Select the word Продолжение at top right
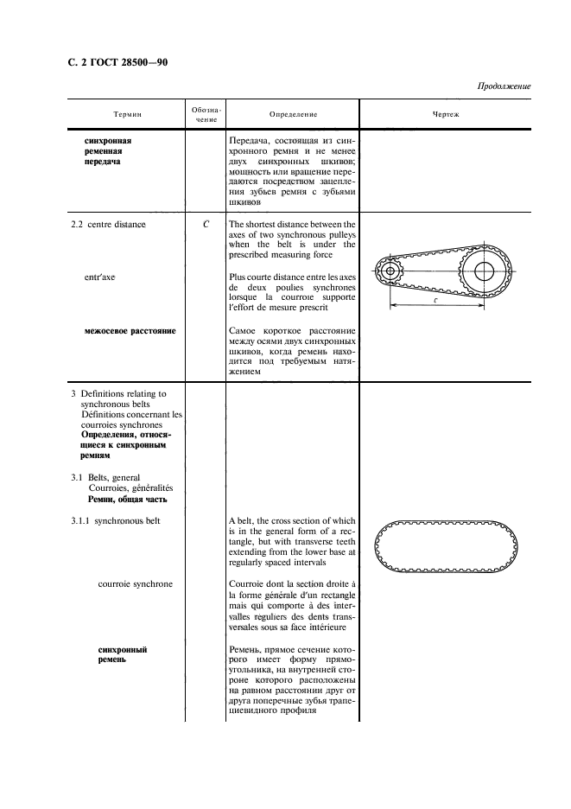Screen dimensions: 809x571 pyautogui.click(x=504, y=86)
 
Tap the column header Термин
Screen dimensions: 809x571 pyautogui.click(x=127, y=114)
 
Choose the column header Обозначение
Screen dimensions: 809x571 pyautogui.click(x=206, y=114)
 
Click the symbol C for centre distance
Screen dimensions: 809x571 pyautogui.click(x=206, y=224)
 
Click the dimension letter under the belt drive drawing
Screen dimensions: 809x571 pyautogui.click(x=435, y=299)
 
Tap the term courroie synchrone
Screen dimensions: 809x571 pyautogui.click(x=135, y=583)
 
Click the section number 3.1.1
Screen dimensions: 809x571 pyautogui.click(x=80, y=520)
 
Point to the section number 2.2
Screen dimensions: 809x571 pyautogui.click(x=79, y=225)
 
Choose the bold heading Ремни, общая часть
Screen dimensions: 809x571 pyautogui.click(x=127, y=499)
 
